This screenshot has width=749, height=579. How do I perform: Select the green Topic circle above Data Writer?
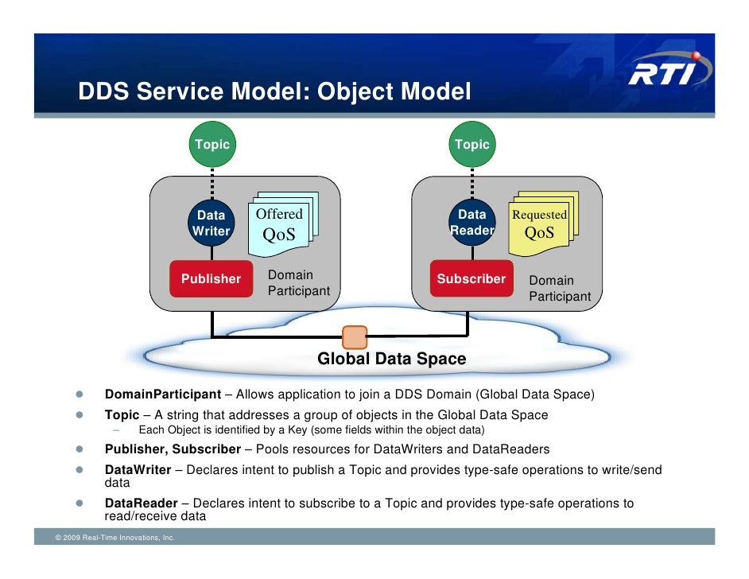(x=212, y=144)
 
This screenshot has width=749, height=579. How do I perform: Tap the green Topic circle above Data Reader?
(x=472, y=144)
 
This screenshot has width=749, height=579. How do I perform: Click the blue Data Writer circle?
(x=212, y=223)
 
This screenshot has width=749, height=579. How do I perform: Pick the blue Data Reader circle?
(x=472, y=223)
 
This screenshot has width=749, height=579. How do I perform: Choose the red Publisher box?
(x=211, y=278)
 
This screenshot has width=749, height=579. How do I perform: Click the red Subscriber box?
(x=472, y=278)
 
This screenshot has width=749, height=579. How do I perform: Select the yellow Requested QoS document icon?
(x=541, y=225)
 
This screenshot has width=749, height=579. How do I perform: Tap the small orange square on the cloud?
(x=355, y=336)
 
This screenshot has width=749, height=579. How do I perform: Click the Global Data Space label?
(x=392, y=359)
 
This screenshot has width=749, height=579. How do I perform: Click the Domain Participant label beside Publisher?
(x=298, y=283)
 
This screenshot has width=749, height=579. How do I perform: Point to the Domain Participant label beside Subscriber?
(x=560, y=289)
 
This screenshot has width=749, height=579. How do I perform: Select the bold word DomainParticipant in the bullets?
(x=162, y=394)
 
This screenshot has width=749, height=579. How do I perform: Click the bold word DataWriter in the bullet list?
(x=138, y=470)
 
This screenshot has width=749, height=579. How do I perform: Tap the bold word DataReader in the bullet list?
(x=139, y=503)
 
